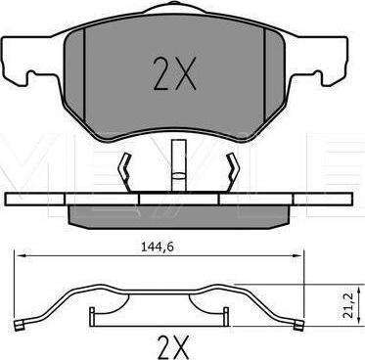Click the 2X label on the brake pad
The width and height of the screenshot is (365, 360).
[175, 73]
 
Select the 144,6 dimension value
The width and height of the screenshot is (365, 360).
[157, 247]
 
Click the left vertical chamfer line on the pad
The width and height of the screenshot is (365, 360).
[84, 76]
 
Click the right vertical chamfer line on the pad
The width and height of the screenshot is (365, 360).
[264, 76]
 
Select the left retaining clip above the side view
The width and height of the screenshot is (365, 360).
[125, 172]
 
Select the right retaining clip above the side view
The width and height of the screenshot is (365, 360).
[232, 172]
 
